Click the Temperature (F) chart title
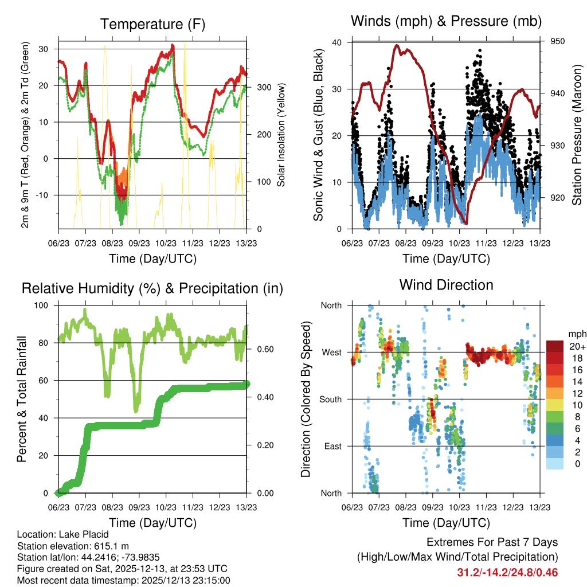click(152, 24)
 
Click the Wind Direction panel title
click(446, 285)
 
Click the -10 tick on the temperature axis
click(44, 195)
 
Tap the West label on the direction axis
click(331, 352)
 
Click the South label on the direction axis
click(330, 399)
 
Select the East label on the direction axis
click(332, 446)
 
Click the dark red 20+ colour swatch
click(556, 346)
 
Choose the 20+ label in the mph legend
click(576, 346)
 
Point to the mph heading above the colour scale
click(576, 334)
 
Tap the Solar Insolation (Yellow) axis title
click(281, 135)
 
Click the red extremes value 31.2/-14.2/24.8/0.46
click(507, 572)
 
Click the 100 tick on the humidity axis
click(44, 306)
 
